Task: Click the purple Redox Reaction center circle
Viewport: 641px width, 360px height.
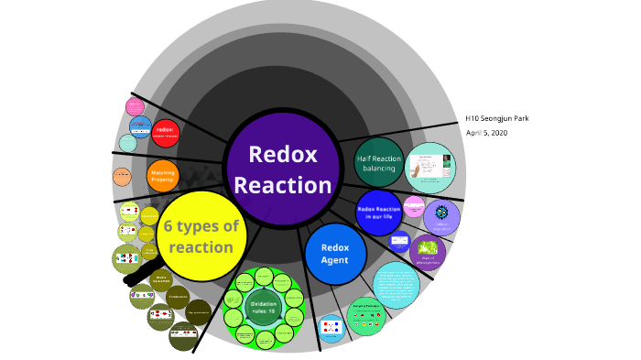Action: click(282, 169)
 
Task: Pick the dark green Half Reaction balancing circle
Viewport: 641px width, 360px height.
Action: click(377, 162)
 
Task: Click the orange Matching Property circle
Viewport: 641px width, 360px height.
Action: click(162, 174)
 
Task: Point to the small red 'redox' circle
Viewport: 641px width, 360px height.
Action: click(166, 132)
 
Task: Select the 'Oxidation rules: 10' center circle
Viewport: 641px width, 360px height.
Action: click(264, 306)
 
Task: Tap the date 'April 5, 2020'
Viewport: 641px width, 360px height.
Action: click(487, 133)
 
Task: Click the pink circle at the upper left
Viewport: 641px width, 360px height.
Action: click(136, 106)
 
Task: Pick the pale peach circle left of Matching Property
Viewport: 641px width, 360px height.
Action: click(123, 177)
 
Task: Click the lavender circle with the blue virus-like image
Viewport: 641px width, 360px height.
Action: click(441, 217)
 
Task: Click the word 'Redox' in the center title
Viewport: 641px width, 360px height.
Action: click(282, 154)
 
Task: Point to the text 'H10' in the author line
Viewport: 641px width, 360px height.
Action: click(473, 118)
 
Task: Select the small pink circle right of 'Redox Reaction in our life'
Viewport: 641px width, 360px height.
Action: click(414, 204)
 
